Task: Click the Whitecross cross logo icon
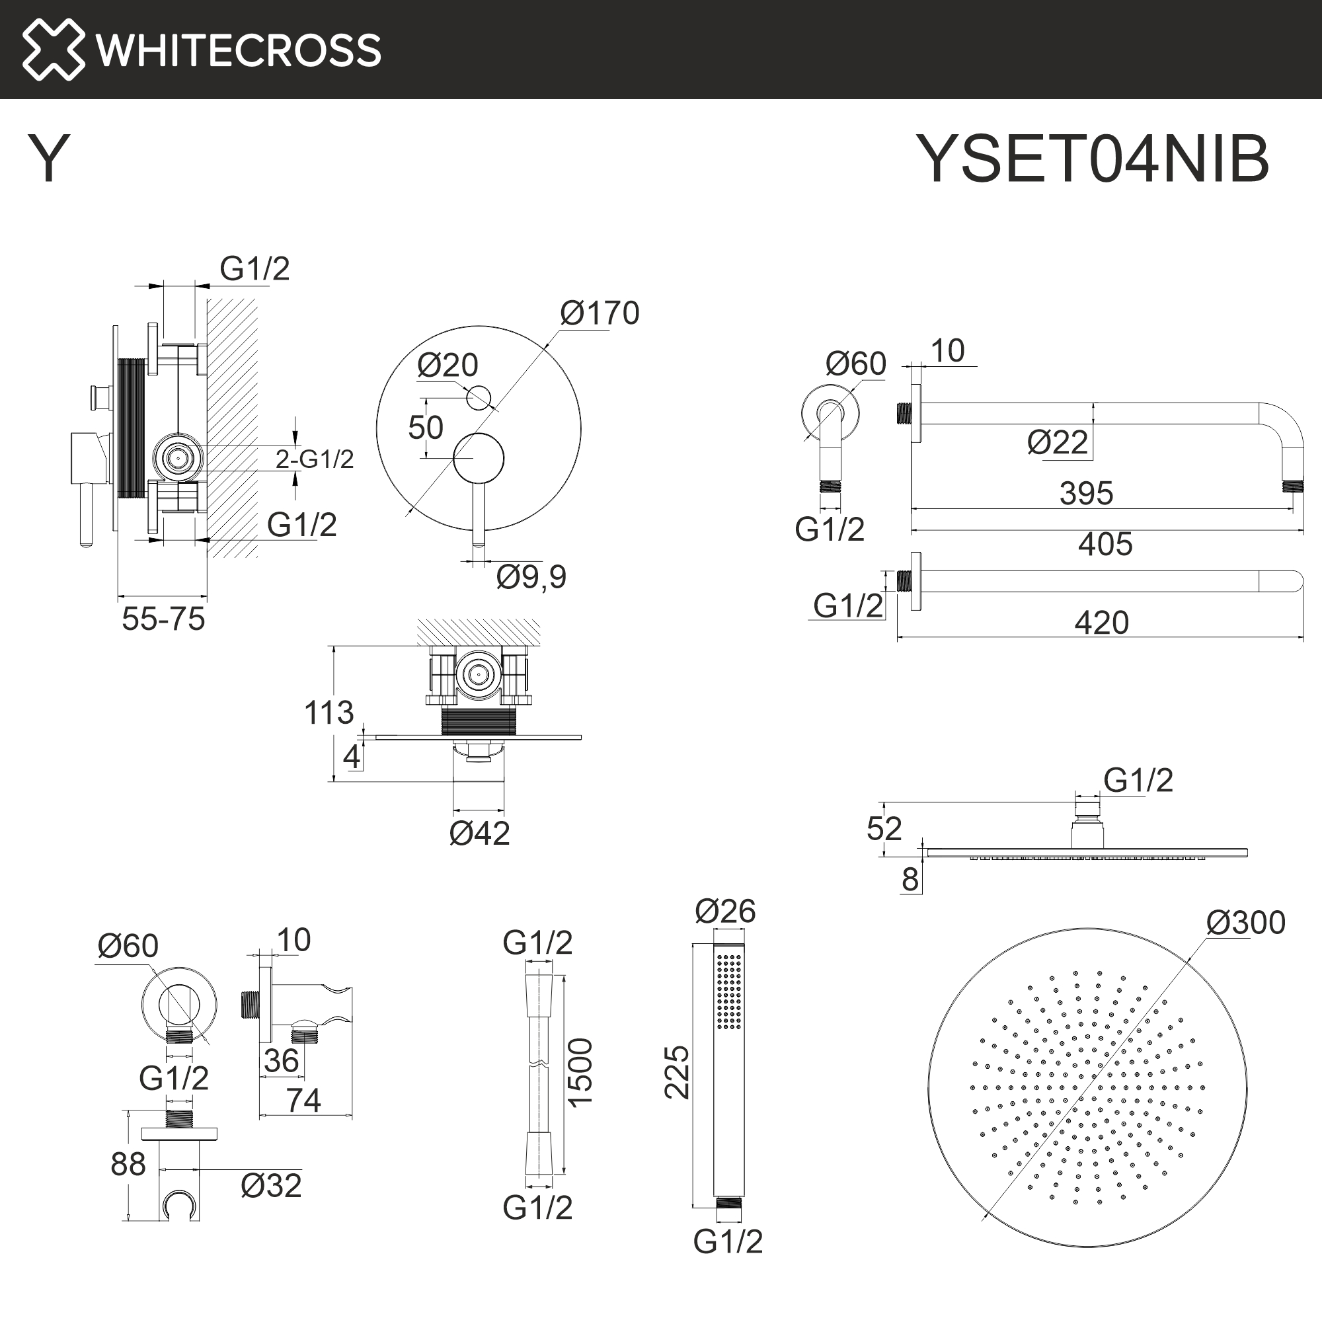point(54,50)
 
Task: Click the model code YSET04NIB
point(1092,159)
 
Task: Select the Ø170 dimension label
point(600,313)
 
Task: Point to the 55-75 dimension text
point(163,619)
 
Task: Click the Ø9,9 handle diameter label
point(531,576)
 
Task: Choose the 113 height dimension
point(329,713)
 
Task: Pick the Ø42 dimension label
point(480,833)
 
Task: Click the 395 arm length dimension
point(1086,492)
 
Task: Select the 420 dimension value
point(1101,623)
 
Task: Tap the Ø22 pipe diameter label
point(1057,442)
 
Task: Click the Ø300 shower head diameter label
point(1245,922)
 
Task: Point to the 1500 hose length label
point(580,1073)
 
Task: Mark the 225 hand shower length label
point(677,1072)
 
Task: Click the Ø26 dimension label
point(724,911)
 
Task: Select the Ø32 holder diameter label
point(271,1185)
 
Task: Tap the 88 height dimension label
point(128,1164)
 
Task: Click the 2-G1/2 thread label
point(315,459)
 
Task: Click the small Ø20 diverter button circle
point(479,397)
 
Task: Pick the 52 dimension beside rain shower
point(883,829)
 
